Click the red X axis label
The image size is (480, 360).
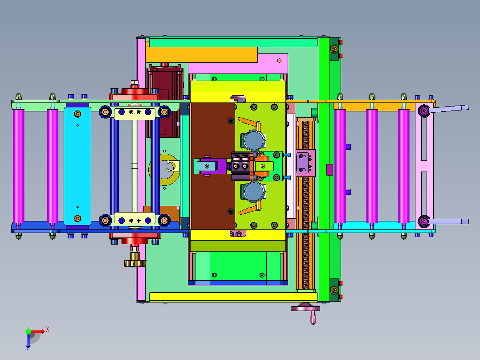(48, 330)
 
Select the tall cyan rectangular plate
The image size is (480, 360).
(77, 166)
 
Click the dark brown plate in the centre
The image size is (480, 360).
(212, 166)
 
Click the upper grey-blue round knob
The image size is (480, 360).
(253, 140)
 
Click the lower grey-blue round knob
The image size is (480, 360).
(253, 192)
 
